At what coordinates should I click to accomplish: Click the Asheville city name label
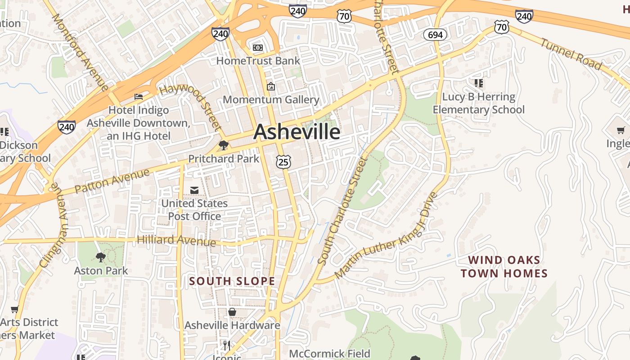coord(297,132)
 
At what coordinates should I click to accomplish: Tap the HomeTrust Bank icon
coord(257,47)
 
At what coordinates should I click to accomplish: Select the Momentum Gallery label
coord(271,99)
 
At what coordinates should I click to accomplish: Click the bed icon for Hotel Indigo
coord(139,97)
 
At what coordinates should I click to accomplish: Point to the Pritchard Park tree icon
coord(223,145)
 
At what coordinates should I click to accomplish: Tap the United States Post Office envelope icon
coord(194,190)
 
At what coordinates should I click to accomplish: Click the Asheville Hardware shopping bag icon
coord(232,312)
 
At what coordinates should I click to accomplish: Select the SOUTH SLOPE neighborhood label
coord(232,281)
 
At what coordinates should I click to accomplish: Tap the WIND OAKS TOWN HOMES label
coord(504,266)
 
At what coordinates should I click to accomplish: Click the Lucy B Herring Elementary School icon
coord(478,83)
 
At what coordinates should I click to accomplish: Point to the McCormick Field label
coord(329,354)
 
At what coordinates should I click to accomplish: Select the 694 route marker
coord(435,35)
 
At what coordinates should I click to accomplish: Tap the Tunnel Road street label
coord(571,54)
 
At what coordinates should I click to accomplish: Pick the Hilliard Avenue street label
coord(176,241)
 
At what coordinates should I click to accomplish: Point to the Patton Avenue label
coord(112,181)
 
